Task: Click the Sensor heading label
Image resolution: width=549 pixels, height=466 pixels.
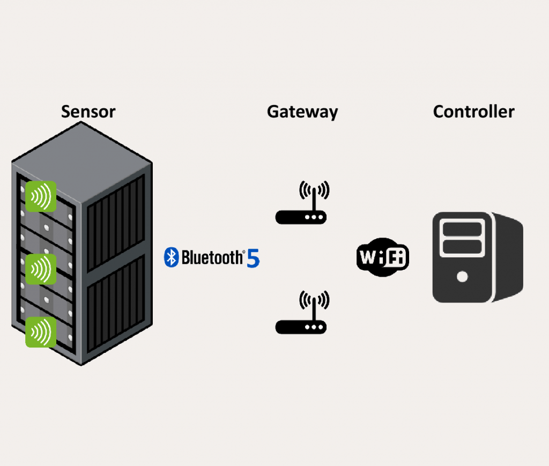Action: point(88,112)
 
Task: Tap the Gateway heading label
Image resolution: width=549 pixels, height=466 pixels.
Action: point(302,112)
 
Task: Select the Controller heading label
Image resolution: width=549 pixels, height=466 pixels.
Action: point(473,112)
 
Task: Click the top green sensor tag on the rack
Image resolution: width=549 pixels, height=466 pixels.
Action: point(41,196)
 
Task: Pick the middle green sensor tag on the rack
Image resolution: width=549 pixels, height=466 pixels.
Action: point(41,268)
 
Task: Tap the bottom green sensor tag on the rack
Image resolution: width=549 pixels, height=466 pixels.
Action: point(41,332)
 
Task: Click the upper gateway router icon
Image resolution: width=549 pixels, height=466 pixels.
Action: point(301,206)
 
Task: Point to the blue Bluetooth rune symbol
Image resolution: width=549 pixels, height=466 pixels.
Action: point(171,257)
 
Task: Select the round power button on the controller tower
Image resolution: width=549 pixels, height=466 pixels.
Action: point(462,277)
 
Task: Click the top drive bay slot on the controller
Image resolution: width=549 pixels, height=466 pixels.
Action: point(462,229)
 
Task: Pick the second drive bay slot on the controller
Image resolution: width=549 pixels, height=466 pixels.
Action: point(462,246)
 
